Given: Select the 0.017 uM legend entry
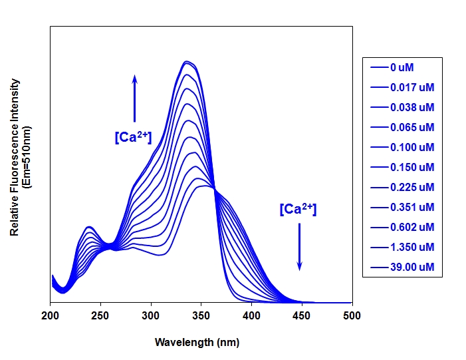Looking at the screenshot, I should tap(402, 87).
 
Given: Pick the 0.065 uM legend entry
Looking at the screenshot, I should tap(402, 127).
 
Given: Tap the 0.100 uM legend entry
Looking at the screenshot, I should tap(402, 147).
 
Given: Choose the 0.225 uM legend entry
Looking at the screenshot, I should tap(402, 187).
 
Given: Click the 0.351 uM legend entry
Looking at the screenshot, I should tap(402, 207).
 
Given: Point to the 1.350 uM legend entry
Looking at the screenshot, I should tap(402, 247).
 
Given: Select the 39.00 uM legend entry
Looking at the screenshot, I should tap(402, 268).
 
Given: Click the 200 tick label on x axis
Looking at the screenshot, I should tap(51, 315).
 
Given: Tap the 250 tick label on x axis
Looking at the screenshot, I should tap(100, 315).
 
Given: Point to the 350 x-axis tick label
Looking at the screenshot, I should tap(201, 315).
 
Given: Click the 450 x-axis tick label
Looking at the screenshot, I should tap(302, 315).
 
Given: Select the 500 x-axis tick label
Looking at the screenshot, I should tap(352, 315).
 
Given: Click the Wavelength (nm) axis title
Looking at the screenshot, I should tap(197, 343).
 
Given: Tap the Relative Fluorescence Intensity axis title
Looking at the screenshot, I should tap(15, 157).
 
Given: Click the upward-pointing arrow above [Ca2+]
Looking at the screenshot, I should tap(134, 98).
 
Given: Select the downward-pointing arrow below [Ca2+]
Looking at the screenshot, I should tap(299, 246).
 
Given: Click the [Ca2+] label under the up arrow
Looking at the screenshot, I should tap(133, 138).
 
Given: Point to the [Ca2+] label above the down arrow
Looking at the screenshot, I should tap(298, 209).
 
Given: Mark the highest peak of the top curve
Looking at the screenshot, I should tap(188, 62).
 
